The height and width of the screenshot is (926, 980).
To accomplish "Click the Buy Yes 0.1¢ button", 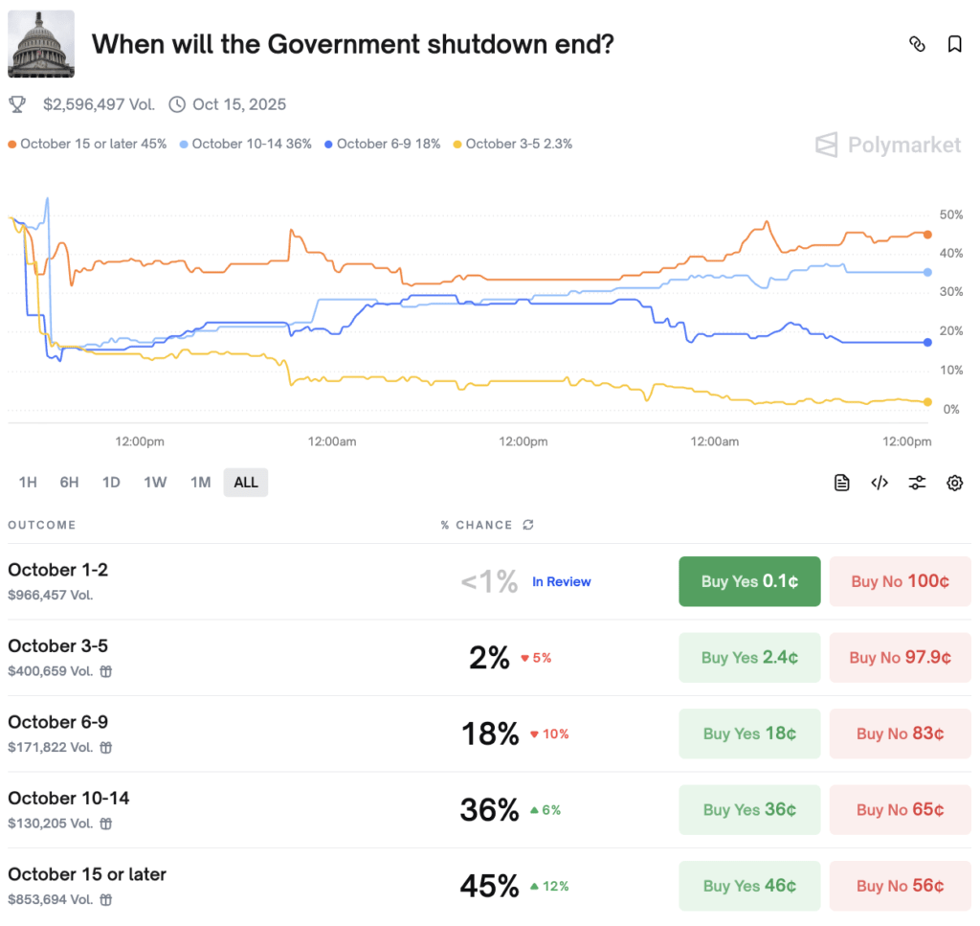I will tap(749, 581).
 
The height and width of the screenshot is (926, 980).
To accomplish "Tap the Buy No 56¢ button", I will tap(900, 886).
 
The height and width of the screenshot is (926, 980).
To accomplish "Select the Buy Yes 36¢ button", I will tap(749, 810).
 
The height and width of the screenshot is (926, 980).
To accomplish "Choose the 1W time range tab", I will tap(155, 482).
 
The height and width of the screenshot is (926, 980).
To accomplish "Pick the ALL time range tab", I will tap(246, 482).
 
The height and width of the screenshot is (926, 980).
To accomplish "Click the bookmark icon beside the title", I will tap(954, 44).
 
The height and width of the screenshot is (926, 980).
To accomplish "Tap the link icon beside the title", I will tap(917, 44).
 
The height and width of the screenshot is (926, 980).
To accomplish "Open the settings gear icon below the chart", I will tap(954, 483).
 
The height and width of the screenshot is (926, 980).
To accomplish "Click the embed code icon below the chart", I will tap(880, 483).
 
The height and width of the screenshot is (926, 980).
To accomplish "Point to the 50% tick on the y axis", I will tap(950, 215).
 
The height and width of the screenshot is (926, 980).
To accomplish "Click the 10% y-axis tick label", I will tap(950, 371).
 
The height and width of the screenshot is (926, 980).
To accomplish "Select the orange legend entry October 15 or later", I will tap(87, 144).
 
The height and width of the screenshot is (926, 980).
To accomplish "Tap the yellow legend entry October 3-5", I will tap(513, 144).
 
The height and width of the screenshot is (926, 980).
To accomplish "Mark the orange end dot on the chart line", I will tap(927, 234).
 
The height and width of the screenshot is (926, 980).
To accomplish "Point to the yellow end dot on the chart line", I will tap(927, 402).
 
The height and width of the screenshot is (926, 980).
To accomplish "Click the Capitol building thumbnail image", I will tap(41, 44).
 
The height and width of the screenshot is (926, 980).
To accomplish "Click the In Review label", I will tap(562, 581).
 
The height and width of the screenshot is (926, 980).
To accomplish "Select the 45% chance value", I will tap(489, 886).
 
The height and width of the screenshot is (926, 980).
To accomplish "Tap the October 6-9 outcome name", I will tap(57, 722).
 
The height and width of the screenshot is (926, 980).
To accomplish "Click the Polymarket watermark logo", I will tap(888, 145).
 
